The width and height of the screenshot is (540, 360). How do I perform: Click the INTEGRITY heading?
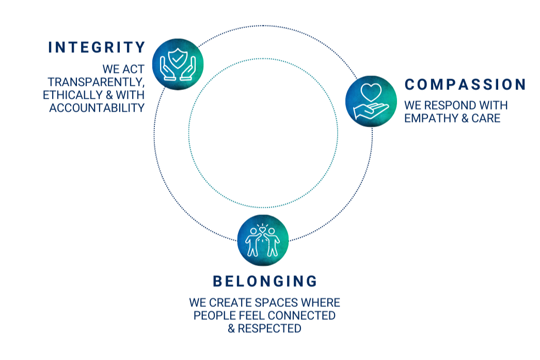[97, 46]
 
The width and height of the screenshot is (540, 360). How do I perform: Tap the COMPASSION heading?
[465, 84]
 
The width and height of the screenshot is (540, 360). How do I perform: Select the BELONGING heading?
[263, 282]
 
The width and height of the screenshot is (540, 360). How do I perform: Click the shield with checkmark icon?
[177, 60]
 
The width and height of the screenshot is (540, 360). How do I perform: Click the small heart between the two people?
[263, 228]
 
